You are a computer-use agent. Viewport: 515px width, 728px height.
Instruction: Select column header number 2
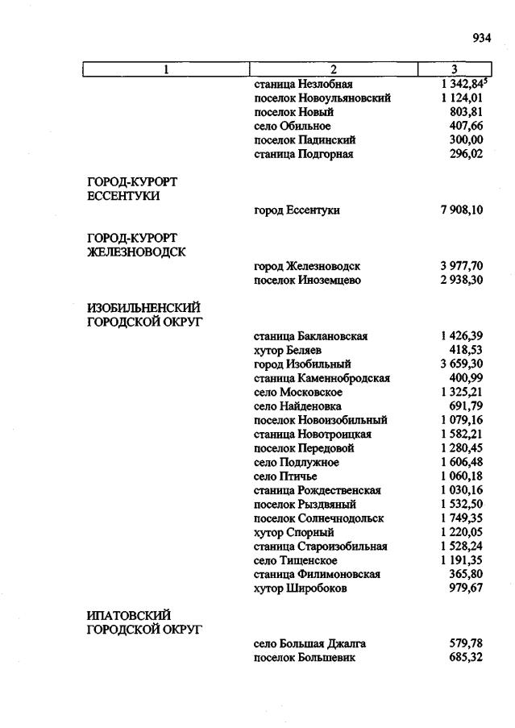point(333,69)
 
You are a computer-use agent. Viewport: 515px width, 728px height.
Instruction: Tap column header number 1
point(166,69)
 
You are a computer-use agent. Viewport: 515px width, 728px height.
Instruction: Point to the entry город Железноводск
point(306,266)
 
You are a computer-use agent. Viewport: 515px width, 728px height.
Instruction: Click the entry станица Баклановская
point(310,336)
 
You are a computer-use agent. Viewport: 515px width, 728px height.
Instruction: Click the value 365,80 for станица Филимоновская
point(466,574)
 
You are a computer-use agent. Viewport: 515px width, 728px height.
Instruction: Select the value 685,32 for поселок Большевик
point(466,658)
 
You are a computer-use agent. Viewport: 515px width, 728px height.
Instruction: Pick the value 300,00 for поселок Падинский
point(466,140)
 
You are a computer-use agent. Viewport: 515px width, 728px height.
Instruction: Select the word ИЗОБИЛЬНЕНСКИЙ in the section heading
point(143,308)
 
